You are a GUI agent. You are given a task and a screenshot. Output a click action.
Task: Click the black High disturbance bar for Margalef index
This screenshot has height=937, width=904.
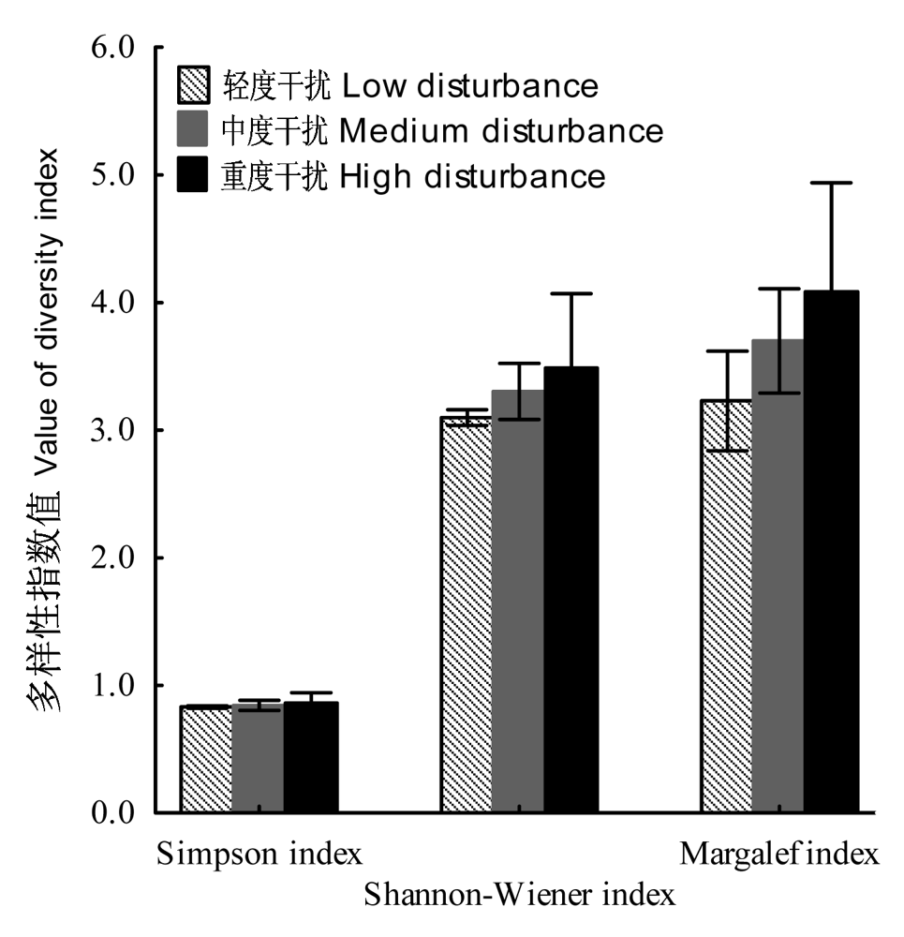(x=831, y=551)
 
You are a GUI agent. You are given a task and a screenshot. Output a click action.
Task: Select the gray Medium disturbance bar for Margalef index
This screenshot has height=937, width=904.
(x=778, y=575)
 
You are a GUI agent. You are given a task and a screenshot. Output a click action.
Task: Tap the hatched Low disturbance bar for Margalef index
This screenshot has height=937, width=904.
(x=727, y=606)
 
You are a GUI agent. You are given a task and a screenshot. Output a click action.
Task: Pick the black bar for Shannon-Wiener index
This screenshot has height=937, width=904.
(x=571, y=589)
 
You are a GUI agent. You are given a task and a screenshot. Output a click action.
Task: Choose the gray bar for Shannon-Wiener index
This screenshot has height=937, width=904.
(x=518, y=602)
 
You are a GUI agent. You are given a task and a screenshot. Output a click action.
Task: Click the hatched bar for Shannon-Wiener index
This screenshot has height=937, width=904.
(x=467, y=615)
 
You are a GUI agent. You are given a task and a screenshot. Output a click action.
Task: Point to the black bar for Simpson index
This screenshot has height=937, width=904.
(x=311, y=757)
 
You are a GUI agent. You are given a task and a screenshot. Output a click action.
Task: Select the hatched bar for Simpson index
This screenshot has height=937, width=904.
(x=206, y=759)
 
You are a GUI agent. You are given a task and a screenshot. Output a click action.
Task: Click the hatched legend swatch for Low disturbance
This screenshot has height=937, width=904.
(x=193, y=85)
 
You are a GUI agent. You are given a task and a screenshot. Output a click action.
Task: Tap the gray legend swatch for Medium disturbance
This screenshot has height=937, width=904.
(x=192, y=128)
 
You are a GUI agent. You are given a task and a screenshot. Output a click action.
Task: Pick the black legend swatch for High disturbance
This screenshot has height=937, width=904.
(x=192, y=174)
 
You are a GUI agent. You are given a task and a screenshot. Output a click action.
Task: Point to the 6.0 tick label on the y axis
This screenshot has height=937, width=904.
(x=113, y=47)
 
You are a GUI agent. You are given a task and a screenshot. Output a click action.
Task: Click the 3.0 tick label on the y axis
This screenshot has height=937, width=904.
(x=113, y=430)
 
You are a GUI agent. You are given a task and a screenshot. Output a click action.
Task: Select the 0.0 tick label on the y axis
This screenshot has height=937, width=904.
(x=113, y=812)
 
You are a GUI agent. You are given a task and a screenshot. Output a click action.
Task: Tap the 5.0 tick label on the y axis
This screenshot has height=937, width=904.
(x=113, y=174)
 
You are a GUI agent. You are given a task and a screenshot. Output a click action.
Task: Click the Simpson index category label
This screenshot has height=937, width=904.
(x=259, y=854)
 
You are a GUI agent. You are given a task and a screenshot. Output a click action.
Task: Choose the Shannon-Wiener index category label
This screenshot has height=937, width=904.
(x=519, y=895)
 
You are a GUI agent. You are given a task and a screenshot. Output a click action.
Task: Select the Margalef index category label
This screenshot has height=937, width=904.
(x=779, y=854)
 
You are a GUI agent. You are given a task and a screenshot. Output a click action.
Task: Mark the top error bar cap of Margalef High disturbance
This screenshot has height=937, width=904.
(x=831, y=183)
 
